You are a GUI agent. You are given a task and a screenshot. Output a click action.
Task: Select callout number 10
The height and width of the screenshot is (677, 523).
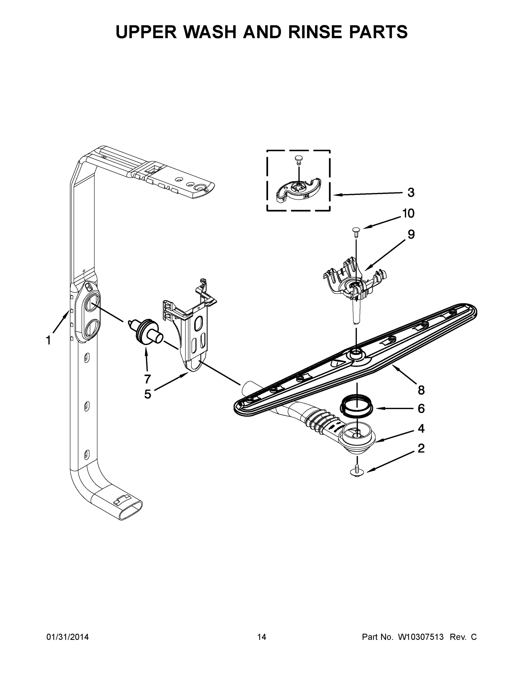point(408,213)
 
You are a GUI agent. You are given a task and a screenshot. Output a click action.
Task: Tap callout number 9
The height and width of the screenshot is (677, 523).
point(411,234)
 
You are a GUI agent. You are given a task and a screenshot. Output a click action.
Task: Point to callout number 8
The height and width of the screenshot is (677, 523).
point(421,390)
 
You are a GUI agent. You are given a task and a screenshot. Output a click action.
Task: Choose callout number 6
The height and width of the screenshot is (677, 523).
point(421,408)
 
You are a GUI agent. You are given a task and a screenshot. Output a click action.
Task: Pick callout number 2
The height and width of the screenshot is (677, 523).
point(421,448)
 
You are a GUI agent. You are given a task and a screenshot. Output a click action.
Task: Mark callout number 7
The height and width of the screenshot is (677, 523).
point(147,379)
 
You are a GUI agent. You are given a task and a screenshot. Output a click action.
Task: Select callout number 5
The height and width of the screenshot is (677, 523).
point(147,394)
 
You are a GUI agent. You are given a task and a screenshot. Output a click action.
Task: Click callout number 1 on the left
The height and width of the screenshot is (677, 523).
point(48,340)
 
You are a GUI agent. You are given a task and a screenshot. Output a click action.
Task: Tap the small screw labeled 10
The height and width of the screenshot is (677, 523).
point(356,231)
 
